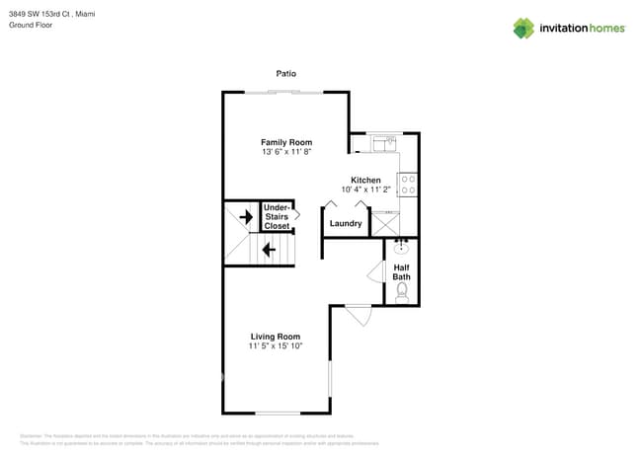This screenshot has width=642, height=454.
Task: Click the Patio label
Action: (285, 74)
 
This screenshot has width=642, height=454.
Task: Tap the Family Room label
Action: (286, 142)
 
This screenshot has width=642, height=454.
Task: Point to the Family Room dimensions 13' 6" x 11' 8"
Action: (286, 152)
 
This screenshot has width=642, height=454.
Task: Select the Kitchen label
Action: (365, 180)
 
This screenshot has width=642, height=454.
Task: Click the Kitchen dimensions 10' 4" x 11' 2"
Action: (365, 189)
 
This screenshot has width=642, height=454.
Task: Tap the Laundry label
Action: (346, 224)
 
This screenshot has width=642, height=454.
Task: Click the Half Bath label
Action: (402, 272)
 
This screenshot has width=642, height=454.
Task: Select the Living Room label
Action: (275, 337)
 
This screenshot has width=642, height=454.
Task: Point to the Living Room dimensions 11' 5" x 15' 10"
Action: (275, 346)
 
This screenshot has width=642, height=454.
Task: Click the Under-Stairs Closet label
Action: (277, 217)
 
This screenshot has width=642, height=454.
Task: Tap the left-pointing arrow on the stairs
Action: (268, 250)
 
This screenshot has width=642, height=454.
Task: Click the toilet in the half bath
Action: (402, 293)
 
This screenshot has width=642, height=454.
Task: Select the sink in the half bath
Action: (402, 248)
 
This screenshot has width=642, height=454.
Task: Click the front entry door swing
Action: (358, 316)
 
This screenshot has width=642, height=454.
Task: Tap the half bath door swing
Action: (375, 273)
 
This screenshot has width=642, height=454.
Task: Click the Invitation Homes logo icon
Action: (522, 28)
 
